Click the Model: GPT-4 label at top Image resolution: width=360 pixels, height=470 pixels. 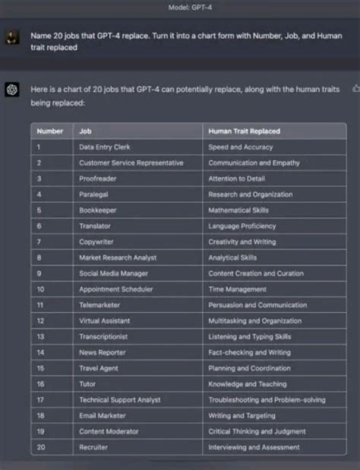point(180,7)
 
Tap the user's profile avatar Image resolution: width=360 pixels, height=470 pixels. point(11,38)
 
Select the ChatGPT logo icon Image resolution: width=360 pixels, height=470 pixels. point(11,90)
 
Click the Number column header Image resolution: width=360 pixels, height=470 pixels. point(50,131)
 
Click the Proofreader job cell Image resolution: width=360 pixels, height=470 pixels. point(97,178)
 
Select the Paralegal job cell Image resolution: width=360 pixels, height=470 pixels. point(94,194)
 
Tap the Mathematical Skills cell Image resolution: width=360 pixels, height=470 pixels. point(238,210)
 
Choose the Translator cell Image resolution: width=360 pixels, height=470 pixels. point(95,226)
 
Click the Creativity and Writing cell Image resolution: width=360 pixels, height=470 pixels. point(242,241)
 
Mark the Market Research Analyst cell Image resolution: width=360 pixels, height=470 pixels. point(118,257)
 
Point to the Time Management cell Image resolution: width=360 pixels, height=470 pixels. point(237,289)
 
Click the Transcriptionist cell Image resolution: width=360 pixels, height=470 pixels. point(103,336)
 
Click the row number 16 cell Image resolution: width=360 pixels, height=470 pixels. point(41,384)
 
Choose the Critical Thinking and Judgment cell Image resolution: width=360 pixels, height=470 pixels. point(256,431)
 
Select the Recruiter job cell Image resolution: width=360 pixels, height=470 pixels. point(93,447)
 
